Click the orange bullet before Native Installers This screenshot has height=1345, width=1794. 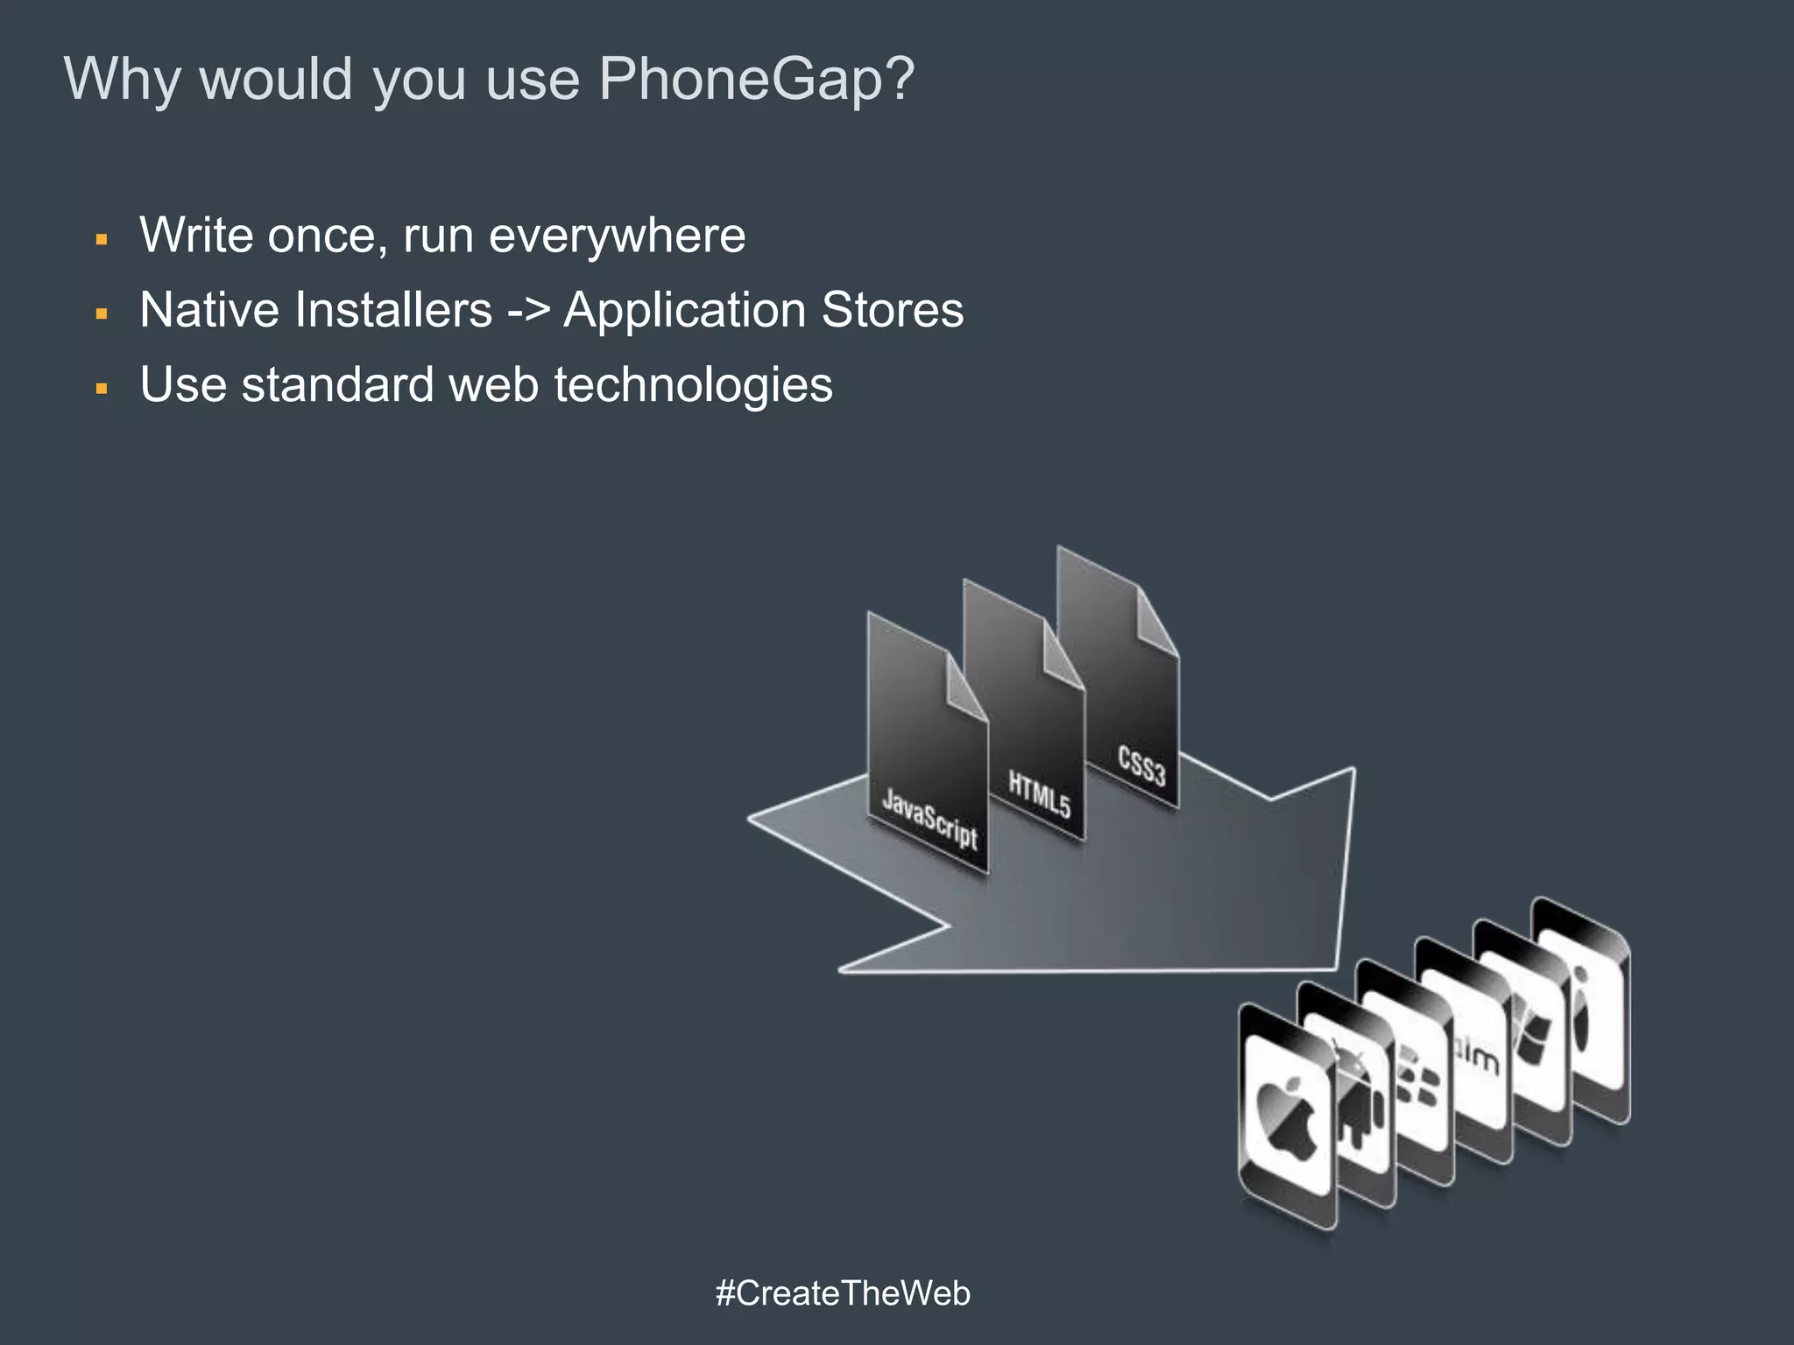coord(102,313)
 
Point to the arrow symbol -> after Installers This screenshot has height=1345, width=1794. coord(528,311)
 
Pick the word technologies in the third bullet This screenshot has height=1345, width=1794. coord(693,385)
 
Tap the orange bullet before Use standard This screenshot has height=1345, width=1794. coord(102,388)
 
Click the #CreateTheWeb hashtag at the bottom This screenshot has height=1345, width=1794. coord(843,1293)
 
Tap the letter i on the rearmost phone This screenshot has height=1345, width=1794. coord(1581,1007)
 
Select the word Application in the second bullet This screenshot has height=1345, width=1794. coord(684,310)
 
